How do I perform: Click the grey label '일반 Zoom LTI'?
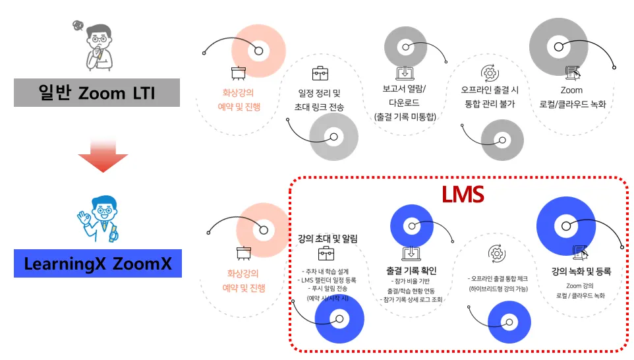pyautogui.click(x=97, y=92)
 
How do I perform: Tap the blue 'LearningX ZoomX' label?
pyautogui.click(x=98, y=264)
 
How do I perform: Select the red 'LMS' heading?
pyautogui.click(x=463, y=194)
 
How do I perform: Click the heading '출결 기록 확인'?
pyautogui.click(x=411, y=270)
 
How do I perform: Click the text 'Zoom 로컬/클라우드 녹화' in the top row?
pyautogui.click(x=571, y=97)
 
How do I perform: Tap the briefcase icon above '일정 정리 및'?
pyautogui.click(x=320, y=73)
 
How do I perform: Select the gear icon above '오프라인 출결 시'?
pyautogui.click(x=490, y=72)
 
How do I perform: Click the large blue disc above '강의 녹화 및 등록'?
pyautogui.click(x=565, y=227)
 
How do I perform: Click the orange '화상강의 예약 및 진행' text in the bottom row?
pyautogui.click(x=243, y=280)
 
